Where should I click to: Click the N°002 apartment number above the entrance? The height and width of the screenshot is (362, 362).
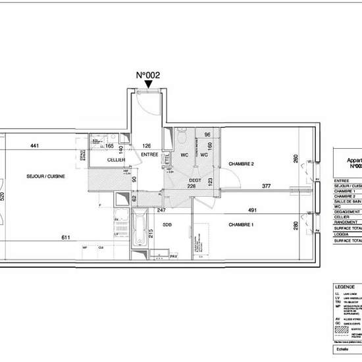148,76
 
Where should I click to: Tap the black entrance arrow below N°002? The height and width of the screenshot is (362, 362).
148,84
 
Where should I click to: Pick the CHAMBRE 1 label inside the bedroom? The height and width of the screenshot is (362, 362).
242,224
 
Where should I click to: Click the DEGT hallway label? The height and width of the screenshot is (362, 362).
195,179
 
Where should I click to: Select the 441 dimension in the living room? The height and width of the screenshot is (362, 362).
36,146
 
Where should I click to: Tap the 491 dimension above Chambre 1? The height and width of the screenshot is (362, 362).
270,211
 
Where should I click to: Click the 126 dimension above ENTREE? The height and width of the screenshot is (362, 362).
147,145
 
